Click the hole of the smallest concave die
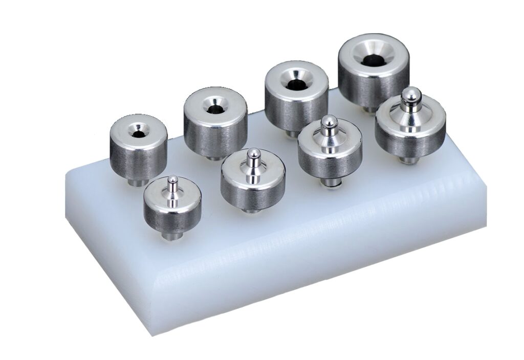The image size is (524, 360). pos(138,134)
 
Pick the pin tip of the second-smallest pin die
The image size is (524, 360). pos(252,153)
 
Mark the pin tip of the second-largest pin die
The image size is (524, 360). pos(330,122)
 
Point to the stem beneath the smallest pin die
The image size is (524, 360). pos(171,236)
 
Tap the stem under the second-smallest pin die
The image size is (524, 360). pos(251,209)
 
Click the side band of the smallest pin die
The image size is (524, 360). pos(171,218)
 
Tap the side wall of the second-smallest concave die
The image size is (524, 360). pos(215,136)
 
